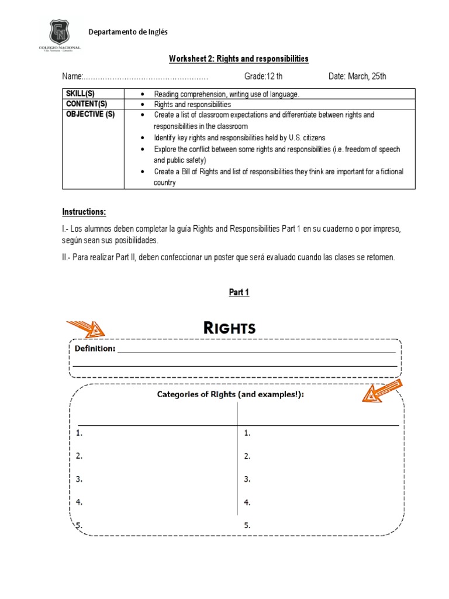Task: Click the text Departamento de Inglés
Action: (x=128, y=32)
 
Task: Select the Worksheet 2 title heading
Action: (x=239, y=59)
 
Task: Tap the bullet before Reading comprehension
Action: (x=143, y=94)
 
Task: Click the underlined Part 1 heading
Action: (x=239, y=292)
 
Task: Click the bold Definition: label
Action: (x=95, y=349)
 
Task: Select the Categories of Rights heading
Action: (x=231, y=394)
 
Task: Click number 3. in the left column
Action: (x=80, y=479)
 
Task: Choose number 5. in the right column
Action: (x=247, y=525)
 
